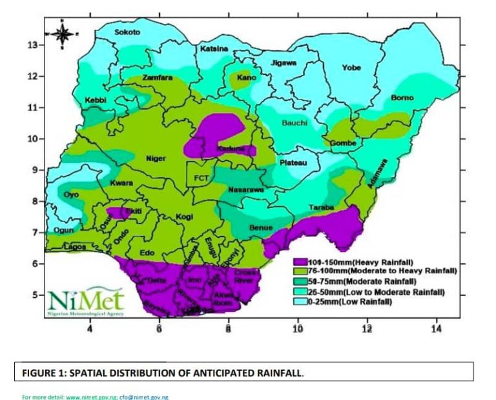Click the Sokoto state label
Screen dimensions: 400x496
pyautogui.click(x=127, y=32)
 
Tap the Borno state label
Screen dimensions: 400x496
pyautogui.click(x=402, y=98)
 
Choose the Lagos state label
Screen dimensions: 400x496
pyautogui.click(x=74, y=247)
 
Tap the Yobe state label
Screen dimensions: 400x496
pyautogui.click(x=351, y=67)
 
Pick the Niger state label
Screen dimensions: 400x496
pyautogui.click(x=156, y=158)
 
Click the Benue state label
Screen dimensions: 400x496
pyautogui.click(x=261, y=227)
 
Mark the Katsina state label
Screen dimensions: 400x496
pyautogui.click(x=214, y=49)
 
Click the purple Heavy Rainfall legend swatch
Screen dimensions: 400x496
pyautogui.click(x=298, y=262)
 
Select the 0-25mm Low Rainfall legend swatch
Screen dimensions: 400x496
pyautogui.click(x=298, y=302)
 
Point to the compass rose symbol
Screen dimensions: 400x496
pyautogui.click(x=63, y=33)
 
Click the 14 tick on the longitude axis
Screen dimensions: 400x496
pyautogui.click(x=436, y=329)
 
